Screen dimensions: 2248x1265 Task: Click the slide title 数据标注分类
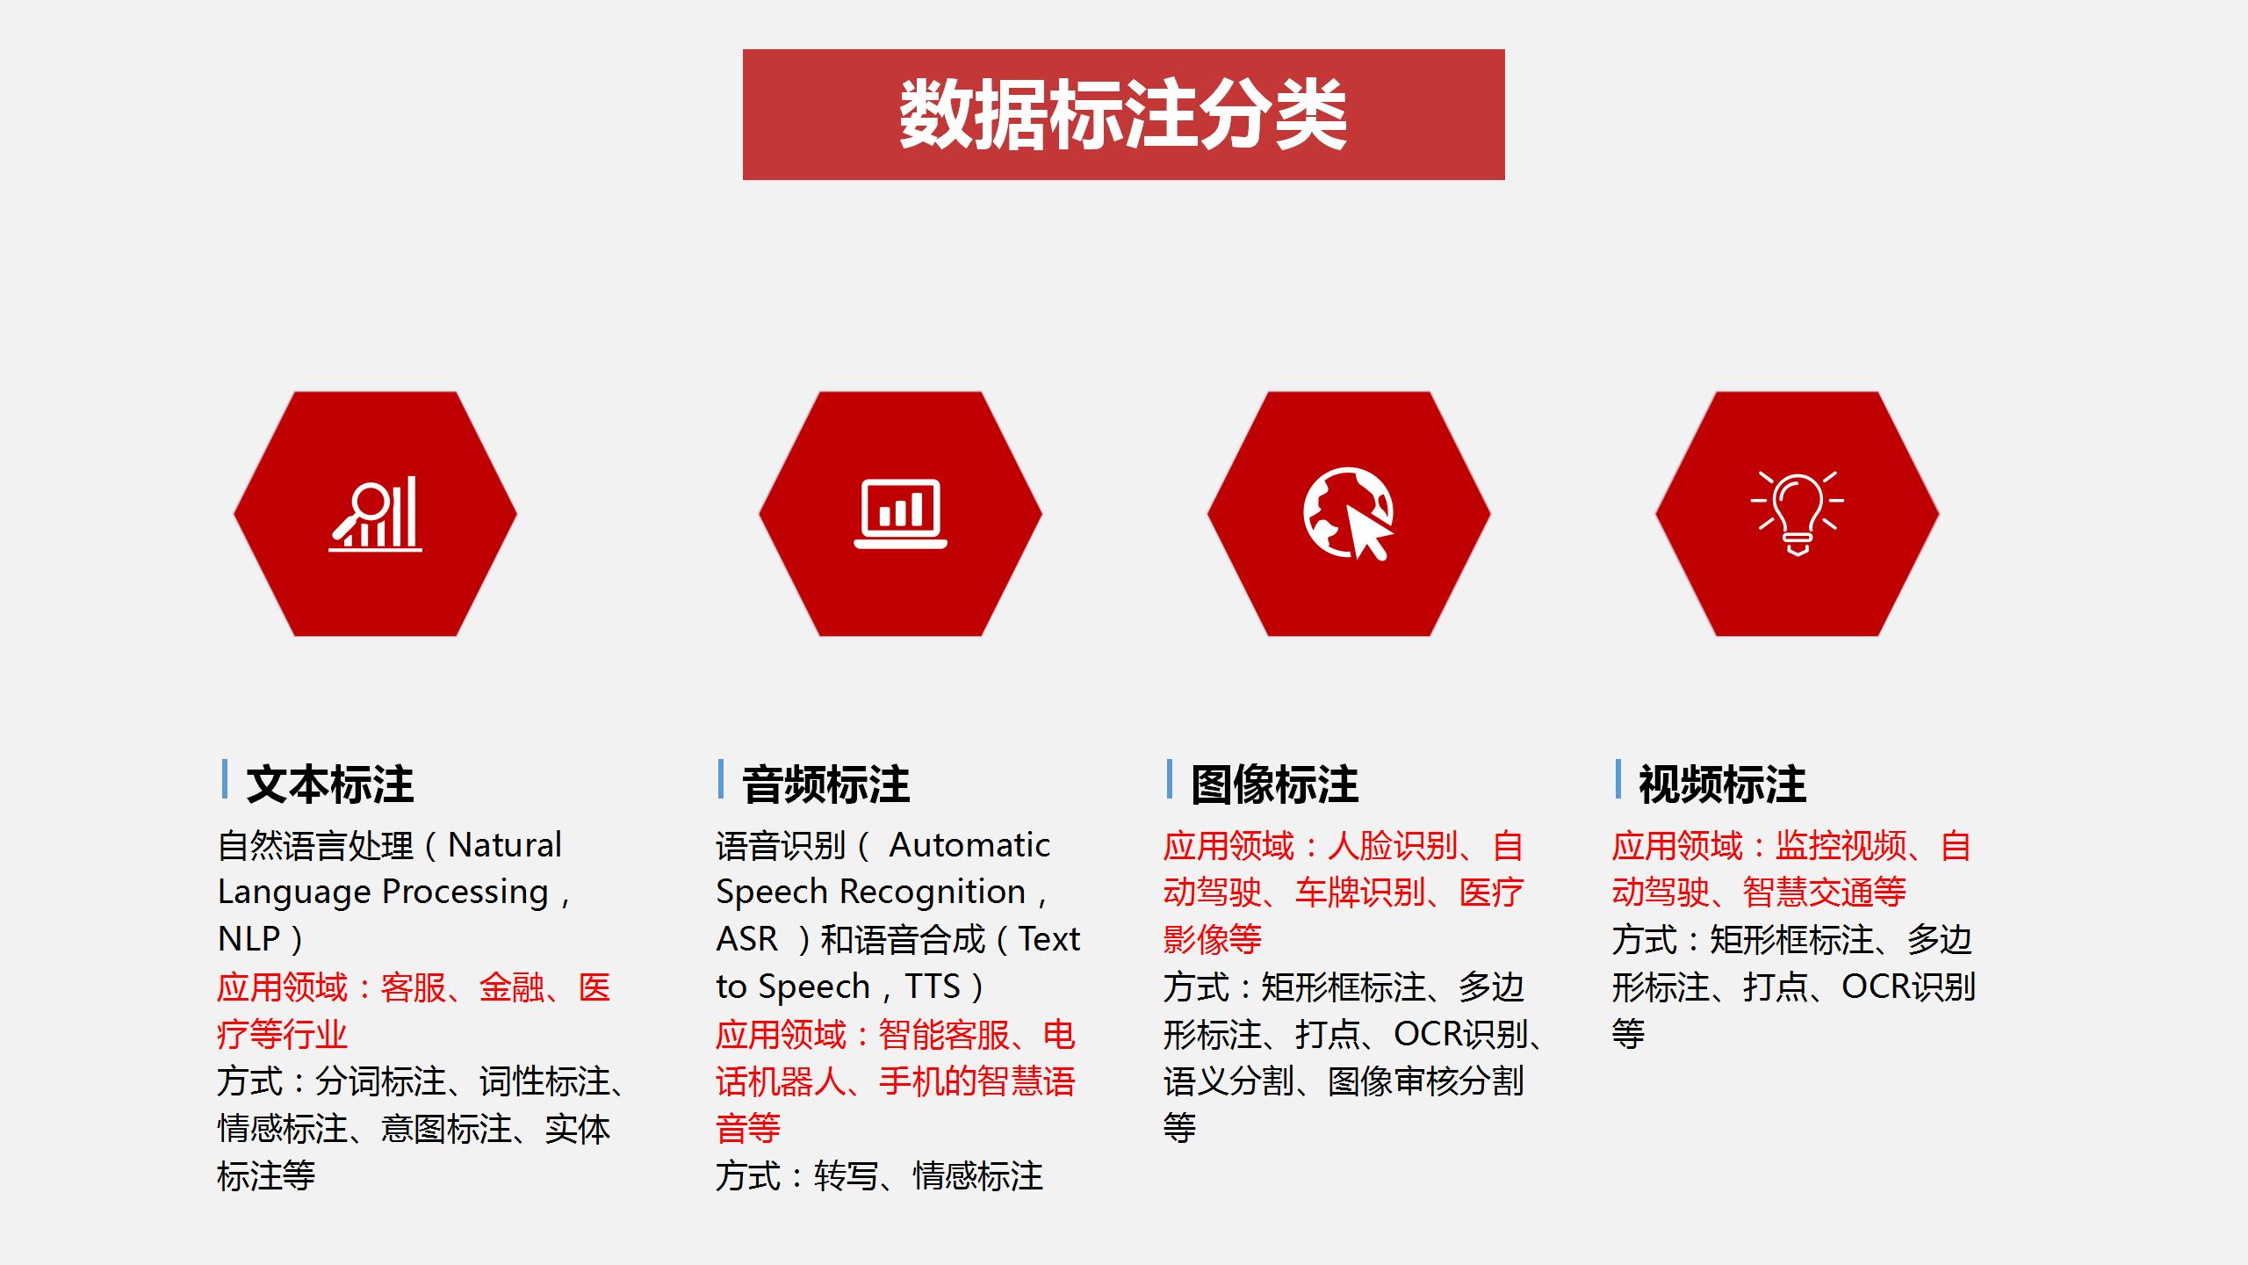[1123, 115]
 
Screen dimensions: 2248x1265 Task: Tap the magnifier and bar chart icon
[376, 515]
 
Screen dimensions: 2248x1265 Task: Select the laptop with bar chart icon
[900, 514]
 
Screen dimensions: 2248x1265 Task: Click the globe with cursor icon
[1349, 514]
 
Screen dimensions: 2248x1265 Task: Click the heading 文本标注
[330, 784]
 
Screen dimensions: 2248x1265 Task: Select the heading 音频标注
[826, 784]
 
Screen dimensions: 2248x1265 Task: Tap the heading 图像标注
[1275, 784]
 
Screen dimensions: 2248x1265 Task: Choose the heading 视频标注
[1723, 784]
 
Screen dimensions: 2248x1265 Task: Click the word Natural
[505, 845]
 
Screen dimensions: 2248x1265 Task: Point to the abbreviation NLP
[249, 939]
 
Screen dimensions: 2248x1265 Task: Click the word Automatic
[969, 845]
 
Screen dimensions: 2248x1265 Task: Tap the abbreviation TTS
[933, 987]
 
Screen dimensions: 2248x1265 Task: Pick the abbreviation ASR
[747, 939]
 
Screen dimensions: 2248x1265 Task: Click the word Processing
[465, 893]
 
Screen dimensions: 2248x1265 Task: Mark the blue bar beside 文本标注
[225, 779]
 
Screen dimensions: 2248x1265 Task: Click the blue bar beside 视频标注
[1618, 779]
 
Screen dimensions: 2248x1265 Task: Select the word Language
[295, 893]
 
